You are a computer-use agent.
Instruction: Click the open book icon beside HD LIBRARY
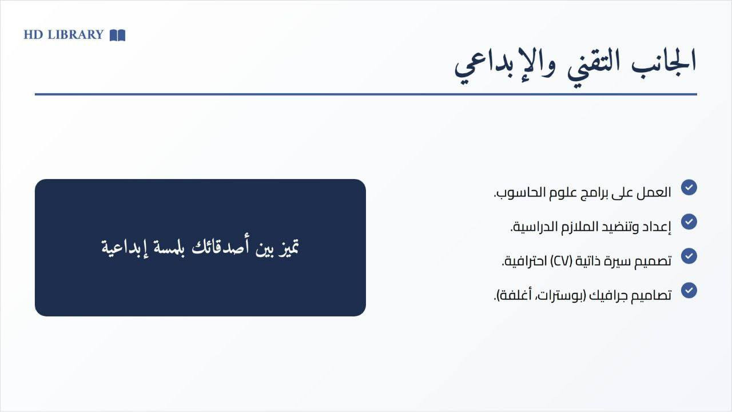point(117,35)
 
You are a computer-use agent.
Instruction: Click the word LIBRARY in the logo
point(75,35)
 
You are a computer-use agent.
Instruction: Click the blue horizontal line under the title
point(366,94)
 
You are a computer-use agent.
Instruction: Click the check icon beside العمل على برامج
point(689,187)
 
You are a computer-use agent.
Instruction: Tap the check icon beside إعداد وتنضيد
point(689,221)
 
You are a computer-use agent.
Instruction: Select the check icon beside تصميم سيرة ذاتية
point(689,256)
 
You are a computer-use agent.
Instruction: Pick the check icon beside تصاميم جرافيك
point(689,290)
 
